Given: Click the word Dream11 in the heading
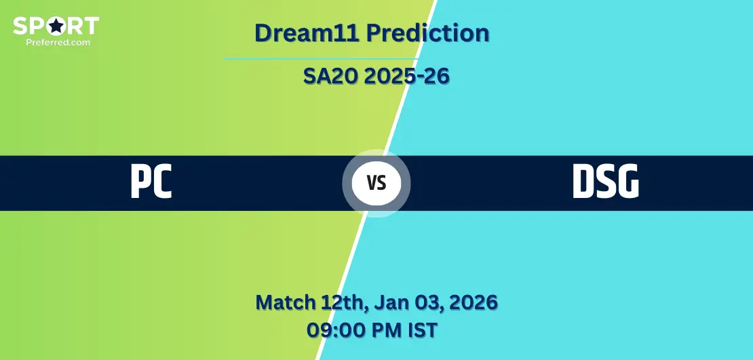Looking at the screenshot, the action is click(307, 33).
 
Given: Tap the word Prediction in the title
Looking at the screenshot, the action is click(428, 33).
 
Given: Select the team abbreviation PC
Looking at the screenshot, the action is click(151, 182).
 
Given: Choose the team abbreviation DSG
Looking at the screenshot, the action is click(606, 182).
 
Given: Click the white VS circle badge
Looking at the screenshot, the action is click(376, 183).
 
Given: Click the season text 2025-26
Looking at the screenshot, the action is click(407, 76).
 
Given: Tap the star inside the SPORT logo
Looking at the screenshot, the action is click(56, 26).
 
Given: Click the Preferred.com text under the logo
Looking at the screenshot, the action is click(58, 42).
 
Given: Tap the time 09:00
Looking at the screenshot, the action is click(334, 330).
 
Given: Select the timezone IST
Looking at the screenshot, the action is click(423, 330).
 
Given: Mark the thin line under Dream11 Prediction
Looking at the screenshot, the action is click(322, 59).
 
